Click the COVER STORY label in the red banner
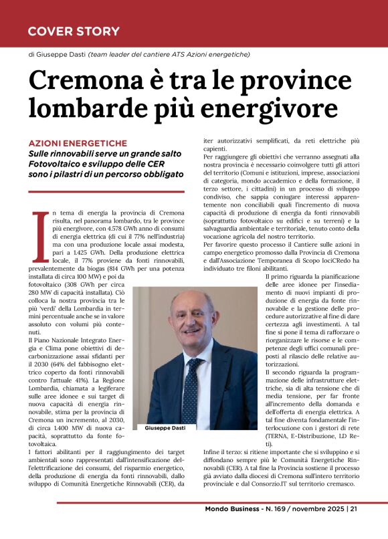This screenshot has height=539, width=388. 74,31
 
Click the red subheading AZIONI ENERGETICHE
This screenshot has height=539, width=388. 78,143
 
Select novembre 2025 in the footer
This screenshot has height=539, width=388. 315,527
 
